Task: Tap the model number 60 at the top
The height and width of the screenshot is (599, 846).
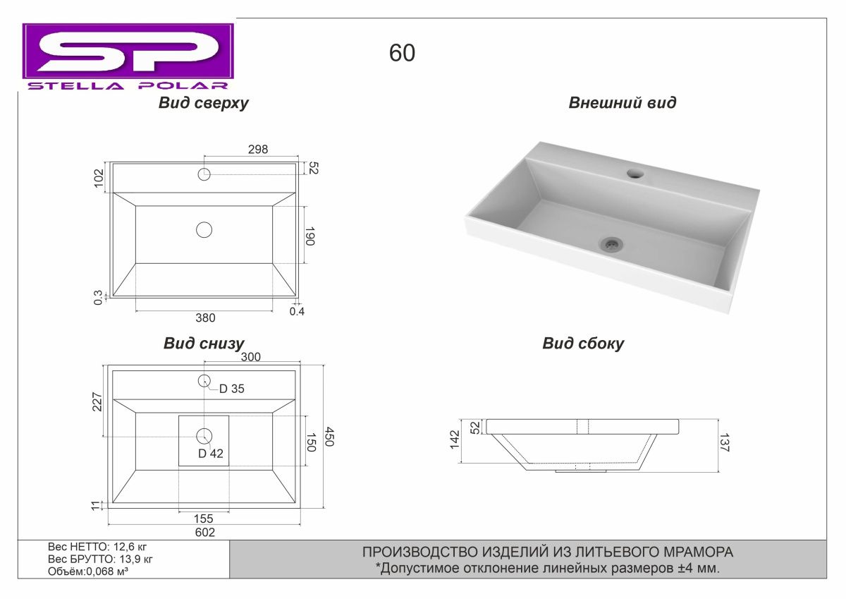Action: [402, 53]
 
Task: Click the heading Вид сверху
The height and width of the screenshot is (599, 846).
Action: [203, 103]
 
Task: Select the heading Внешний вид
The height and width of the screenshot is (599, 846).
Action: [623, 103]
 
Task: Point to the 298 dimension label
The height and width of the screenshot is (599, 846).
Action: [258, 150]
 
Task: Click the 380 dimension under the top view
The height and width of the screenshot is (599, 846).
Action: [205, 317]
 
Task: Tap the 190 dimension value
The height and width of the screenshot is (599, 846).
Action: [309, 236]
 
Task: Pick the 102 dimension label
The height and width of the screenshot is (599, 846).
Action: [99, 178]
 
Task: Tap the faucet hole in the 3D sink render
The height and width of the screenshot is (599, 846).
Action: [636, 174]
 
